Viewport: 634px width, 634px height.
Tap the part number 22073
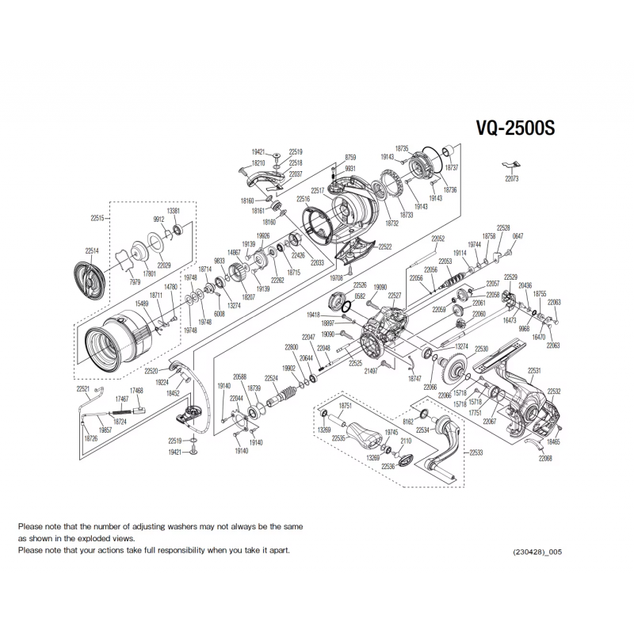pyautogui.click(x=511, y=179)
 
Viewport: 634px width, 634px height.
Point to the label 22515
pyautogui.click(x=97, y=217)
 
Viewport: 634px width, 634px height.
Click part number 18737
pyautogui.click(x=452, y=168)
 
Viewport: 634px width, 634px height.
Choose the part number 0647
pyautogui.click(x=518, y=236)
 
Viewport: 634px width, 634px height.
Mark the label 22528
pyautogui.click(x=503, y=227)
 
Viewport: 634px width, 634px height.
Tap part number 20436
pyautogui.click(x=525, y=285)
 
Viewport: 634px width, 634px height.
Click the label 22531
pyautogui.click(x=534, y=371)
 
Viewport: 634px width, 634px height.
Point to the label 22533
pyautogui.click(x=475, y=453)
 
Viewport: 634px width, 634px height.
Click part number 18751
pyautogui.click(x=345, y=405)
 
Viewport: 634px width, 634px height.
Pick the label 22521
pyautogui.click(x=83, y=389)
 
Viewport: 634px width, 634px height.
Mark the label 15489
pyautogui.click(x=142, y=304)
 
